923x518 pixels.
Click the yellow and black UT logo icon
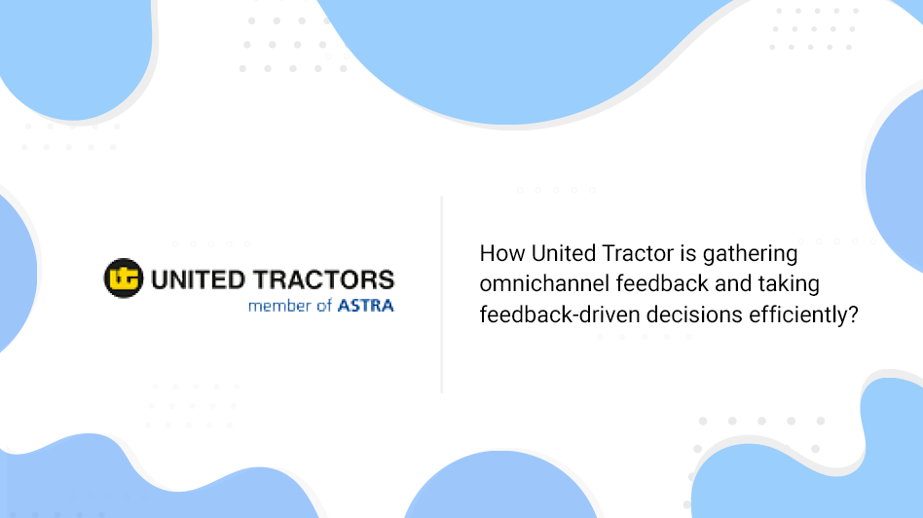(x=124, y=277)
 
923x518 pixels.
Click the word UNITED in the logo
(x=198, y=279)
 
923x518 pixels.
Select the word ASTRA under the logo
(x=365, y=306)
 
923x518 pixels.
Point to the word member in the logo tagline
(x=279, y=306)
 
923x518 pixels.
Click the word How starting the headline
(x=502, y=254)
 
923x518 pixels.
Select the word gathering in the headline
(x=750, y=255)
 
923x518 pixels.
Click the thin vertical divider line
(x=441, y=294)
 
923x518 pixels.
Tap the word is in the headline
(x=688, y=254)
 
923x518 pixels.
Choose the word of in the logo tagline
(x=324, y=306)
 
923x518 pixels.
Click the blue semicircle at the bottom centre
(x=501, y=485)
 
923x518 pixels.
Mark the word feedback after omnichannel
(x=662, y=283)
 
